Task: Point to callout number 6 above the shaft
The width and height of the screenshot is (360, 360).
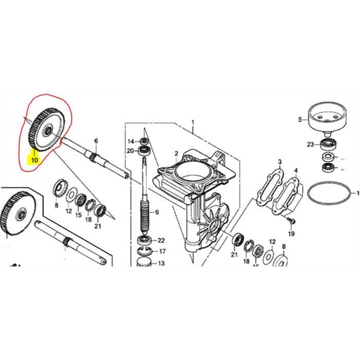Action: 96,141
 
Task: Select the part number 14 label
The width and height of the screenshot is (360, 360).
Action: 130,141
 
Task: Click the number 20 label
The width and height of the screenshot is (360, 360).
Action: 130,150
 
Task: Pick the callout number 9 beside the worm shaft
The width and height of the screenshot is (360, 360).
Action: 157,212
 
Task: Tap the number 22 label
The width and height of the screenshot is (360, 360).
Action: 161,240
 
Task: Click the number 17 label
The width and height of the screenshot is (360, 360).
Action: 161,251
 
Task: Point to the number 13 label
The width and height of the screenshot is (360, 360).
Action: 161,264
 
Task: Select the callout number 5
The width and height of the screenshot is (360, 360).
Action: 300,120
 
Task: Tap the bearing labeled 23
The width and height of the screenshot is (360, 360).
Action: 327,145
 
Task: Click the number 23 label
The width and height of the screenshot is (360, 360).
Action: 309,145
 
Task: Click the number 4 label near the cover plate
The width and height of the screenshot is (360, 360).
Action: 295,169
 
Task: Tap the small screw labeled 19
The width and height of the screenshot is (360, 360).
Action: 289,220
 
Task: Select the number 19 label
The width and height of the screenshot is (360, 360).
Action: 291,233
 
